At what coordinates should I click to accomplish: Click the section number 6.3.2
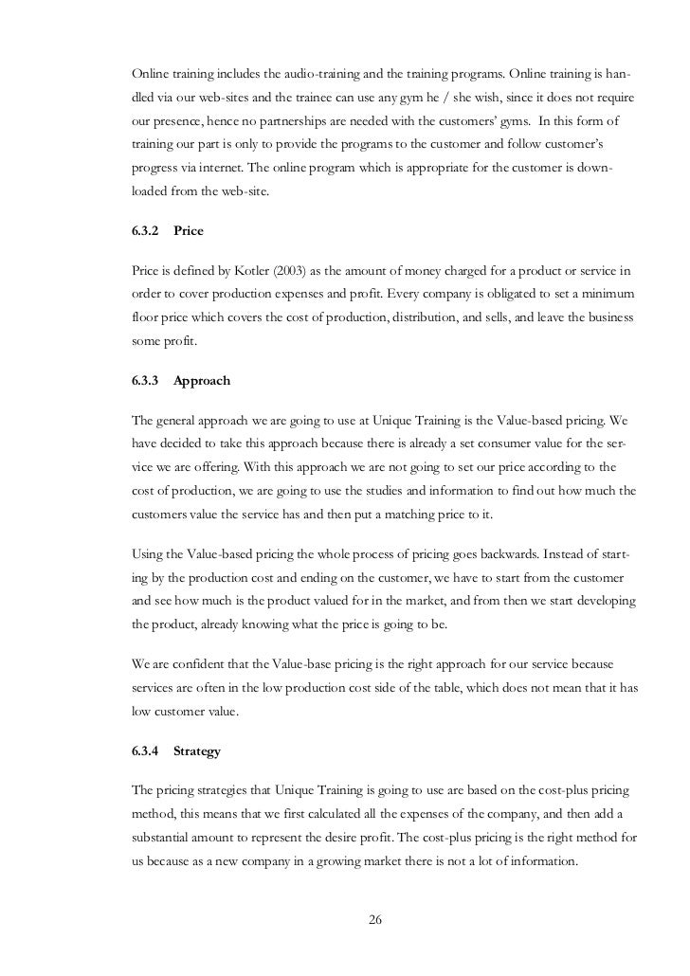pyautogui.click(x=145, y=230)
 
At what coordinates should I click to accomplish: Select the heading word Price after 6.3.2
pyautogui.click(x=189, y=230)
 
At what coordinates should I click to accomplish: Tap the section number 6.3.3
pyautogui.click(x=145, y=380)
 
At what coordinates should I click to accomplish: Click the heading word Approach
pyautogui.click(x=202, y=380)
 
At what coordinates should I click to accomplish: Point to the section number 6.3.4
pyautogui.click(x=145, y=751)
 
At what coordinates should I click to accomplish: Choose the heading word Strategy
pyautogui.click(x=197, y=751)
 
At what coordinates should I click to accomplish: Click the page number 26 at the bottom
pyautogui.click(x=374, y=918)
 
